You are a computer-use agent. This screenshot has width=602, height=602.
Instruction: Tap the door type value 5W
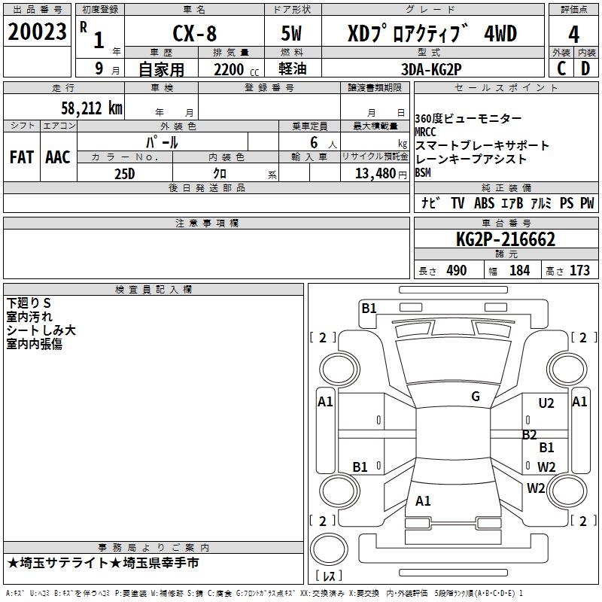(x=293, y=33)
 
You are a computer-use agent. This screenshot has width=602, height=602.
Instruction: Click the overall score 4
(x=573, y=35)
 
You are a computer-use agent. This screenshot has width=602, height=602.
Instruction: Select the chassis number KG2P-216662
(x=506, y=240)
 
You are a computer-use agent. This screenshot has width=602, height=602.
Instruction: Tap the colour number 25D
(x=125, y=173)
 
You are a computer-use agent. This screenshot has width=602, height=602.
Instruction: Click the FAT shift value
(x=22, y=157)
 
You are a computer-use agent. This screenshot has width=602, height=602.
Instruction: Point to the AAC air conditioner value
(x=58, y=157)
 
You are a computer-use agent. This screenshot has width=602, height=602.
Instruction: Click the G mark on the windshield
(x=476, y=397)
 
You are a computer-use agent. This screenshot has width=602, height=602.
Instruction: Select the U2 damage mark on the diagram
(x=546, y=403)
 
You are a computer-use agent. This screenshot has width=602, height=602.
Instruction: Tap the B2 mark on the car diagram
(x=530, y=434)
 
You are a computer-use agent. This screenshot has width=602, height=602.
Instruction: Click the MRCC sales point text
(x=425, y=132)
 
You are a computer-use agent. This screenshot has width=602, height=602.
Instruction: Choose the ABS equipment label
(x=485, y=203)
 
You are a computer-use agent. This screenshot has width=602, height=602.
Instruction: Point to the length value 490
(x=457, y=271)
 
